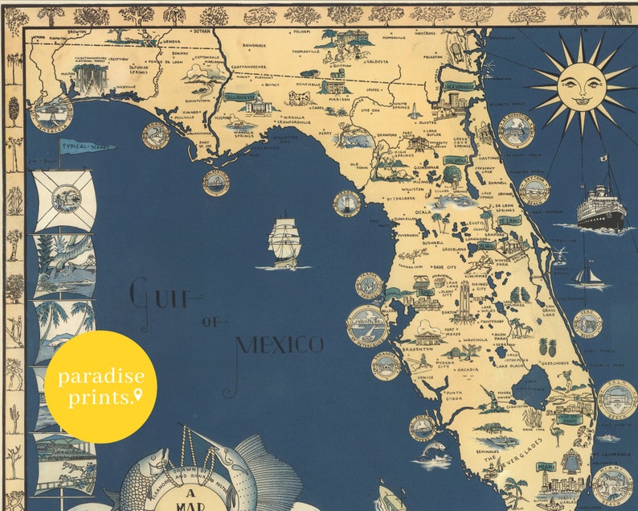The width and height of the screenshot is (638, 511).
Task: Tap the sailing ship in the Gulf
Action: click(284, 241)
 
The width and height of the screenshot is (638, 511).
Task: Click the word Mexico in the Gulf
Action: click(280, 345)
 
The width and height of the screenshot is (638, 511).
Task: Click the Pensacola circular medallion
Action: click(52, 115)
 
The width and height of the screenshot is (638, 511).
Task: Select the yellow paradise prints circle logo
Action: click(100, 387)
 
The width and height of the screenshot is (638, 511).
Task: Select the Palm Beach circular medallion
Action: click(616, 399)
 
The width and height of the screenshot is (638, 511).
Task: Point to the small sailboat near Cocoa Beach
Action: click(590, 276)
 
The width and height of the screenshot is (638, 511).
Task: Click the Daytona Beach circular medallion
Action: click(534, 190)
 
